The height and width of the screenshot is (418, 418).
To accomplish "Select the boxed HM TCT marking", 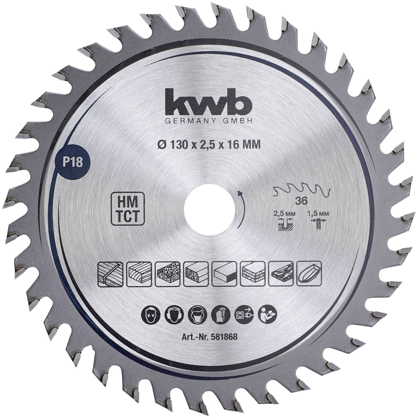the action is pos(128,209).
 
